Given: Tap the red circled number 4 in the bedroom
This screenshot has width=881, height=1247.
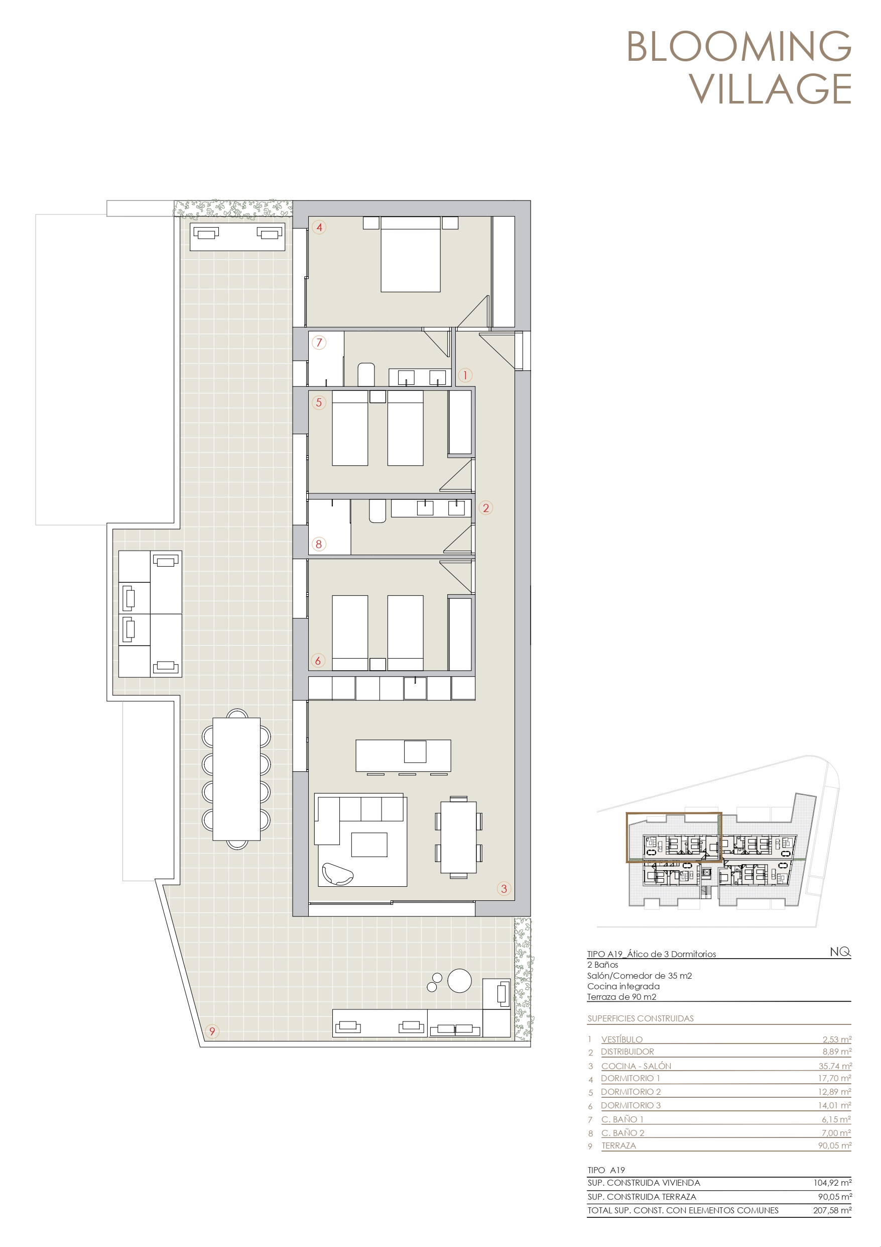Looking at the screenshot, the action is point(319,227).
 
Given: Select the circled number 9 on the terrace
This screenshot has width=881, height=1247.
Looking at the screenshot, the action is point(212,1031).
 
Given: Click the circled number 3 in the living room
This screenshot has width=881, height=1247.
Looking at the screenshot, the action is point(504,889).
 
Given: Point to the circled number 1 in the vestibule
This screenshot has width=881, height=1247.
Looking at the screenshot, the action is point(465,375).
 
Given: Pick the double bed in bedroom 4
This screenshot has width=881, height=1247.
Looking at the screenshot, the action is point(410,254).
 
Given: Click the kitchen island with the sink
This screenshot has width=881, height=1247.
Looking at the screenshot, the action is point(403,756).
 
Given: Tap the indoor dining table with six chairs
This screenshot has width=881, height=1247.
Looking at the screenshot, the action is point(459,838).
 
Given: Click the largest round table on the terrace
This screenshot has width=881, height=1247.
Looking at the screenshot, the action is point(459,981).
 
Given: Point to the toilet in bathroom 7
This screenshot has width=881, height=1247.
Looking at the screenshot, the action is point(366,374).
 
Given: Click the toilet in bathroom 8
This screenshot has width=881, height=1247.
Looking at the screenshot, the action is point(377,511).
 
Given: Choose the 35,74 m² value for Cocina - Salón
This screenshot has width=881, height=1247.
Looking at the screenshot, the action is point(835,1066).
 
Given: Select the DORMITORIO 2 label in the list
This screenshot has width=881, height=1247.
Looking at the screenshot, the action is point(631,1092).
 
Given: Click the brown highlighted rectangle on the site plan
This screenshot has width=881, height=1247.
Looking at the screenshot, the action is point(627,837).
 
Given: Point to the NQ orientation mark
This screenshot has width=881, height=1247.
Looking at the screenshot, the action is point(840,952).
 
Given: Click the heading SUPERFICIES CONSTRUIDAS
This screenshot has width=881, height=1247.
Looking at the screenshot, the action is point(641,1018).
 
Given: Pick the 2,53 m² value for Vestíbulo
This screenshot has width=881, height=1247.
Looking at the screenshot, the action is point(836,1039).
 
